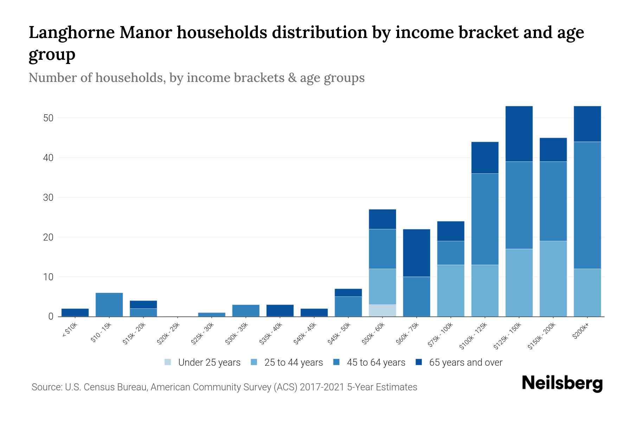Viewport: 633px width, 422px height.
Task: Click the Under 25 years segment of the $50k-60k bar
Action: (x=382, y=310)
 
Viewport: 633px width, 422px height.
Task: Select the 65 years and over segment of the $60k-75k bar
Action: (x=416, y=253)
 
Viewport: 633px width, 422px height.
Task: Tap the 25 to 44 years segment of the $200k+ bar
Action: (x=587, y=293)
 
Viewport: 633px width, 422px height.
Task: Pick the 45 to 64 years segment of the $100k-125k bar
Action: (x=485, y=219)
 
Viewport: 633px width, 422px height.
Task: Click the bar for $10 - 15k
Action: (x=109, y=305)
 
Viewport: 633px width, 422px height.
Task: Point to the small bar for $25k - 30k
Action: (x=212, y=314)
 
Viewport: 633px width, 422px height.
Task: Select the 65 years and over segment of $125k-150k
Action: (x=519, y=134)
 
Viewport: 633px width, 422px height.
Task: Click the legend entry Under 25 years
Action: (x=209, y=363)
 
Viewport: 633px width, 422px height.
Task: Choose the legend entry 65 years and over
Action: (x=465, y=363)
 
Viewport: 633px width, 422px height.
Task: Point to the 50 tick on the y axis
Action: (x=48, y=118)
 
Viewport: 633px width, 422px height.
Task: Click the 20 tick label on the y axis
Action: (x=48, y=237)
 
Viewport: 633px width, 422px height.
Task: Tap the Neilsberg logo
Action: (x=562, y=384)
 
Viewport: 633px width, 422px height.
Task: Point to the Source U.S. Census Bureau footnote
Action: (x=224, y=387)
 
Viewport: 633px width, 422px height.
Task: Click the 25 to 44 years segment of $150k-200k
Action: (x=553, y=279)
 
